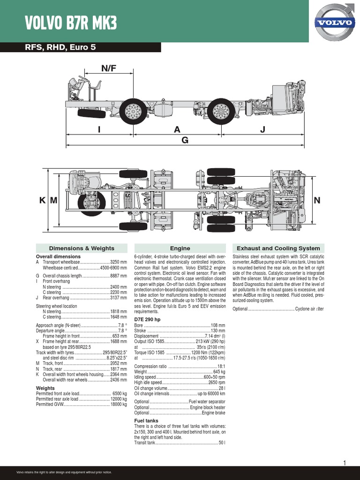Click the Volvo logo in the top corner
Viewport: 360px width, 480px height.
[x=334, y=22]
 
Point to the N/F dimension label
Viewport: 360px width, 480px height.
[x=109, y=68]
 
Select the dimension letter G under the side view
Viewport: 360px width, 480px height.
[x=185, y=140]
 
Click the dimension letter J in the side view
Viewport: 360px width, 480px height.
[x=262, y=130]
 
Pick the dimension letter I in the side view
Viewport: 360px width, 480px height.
[x=99, y=130]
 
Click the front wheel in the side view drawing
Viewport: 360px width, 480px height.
[x=133, y=112]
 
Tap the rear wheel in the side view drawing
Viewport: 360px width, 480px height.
[x=221, y=112]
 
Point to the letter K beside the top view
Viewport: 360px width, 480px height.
[x=42, y=201]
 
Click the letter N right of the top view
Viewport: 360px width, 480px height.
[x=317, y=201]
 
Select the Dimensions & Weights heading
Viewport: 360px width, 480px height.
[x=82, y=248]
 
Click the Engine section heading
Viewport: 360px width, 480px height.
[x=180, y=248]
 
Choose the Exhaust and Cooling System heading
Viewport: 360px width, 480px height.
[x=278, y=248]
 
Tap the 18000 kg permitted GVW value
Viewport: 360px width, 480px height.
[x=118, y=404]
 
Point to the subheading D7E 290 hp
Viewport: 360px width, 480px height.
[x=147, y=319]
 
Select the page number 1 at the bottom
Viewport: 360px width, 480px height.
[x=345, y=463]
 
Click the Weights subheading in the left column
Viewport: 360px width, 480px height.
[x=45, y=388]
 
